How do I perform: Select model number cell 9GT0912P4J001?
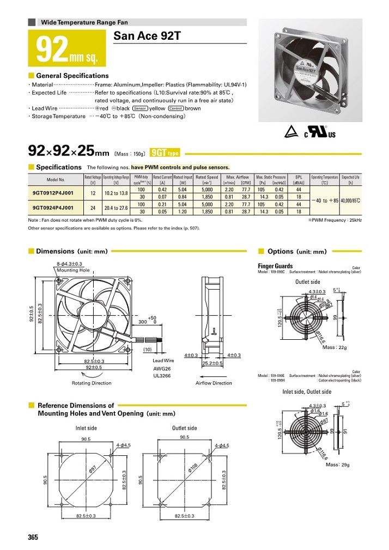[x=55, y=192]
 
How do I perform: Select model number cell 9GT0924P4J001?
[x=55, y=207]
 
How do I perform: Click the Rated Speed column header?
[x=206, y=178]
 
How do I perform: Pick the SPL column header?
[x=298, y=178]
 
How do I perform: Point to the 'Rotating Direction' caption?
[x=92, y=383]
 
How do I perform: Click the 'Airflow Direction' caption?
[x=214, y=383]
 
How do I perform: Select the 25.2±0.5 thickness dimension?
[x=212, y=363]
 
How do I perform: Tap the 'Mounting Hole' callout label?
[x=73, y=270]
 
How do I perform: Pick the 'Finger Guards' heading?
[x=276, y=266]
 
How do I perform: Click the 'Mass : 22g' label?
[x=336, y=347]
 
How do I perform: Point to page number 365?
[x=33, y=537]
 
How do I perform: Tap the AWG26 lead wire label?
[x=163, y=368]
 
